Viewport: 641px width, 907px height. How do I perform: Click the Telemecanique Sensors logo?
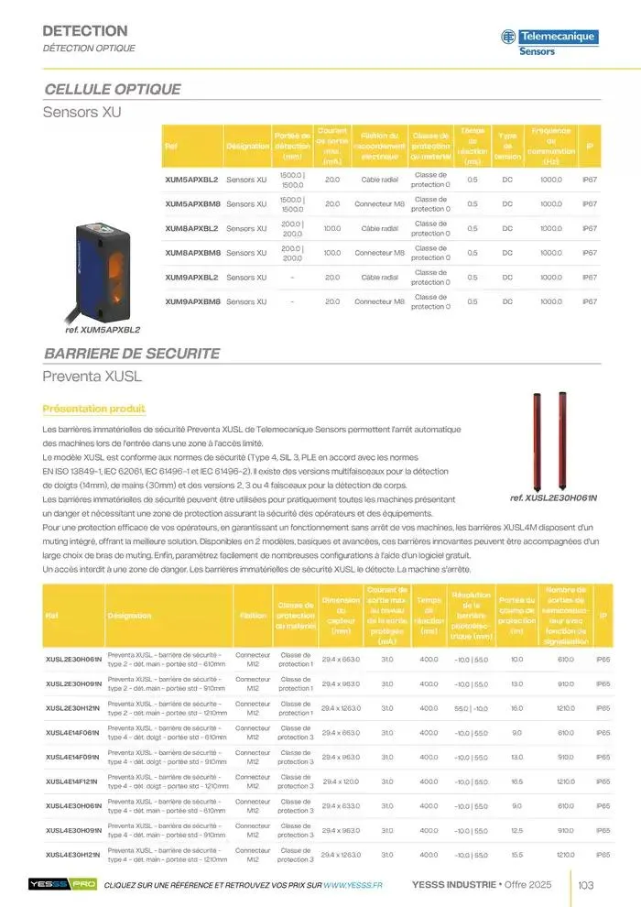(549, 41)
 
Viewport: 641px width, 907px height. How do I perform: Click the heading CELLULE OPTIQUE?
(113, 90)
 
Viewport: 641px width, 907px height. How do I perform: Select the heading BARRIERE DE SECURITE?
(132, 353)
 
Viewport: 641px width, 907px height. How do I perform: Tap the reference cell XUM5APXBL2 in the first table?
(191, 179)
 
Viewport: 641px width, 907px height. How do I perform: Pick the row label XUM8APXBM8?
(191, 252)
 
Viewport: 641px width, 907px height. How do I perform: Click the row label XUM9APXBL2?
(191, 277)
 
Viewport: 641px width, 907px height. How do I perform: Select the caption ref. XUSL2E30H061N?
(552, 497)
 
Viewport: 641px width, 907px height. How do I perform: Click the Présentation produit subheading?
(94, 409)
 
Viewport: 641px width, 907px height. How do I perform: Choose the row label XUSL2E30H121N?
(74, 708)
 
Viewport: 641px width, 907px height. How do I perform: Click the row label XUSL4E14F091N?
(74, 757)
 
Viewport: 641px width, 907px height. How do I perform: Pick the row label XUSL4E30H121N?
(74, 855)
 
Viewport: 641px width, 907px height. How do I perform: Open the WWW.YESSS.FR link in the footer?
(353, 884)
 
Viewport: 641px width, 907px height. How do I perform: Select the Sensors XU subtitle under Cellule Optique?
(82, 113)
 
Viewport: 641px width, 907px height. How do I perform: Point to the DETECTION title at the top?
(85, 31)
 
